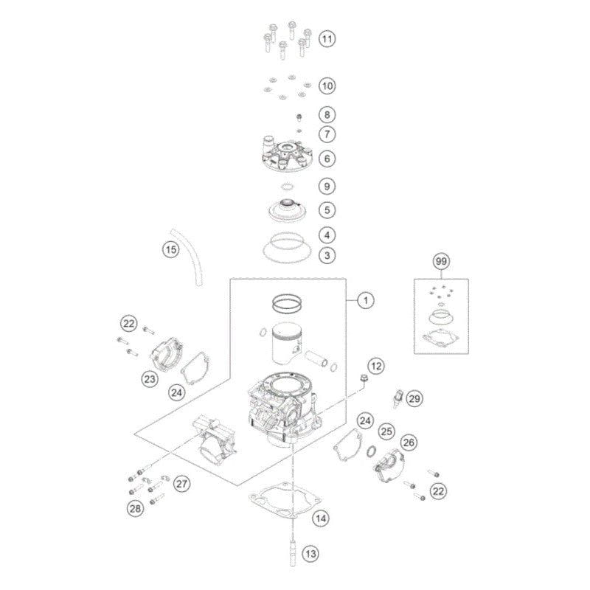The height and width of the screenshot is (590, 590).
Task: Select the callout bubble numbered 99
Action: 442,262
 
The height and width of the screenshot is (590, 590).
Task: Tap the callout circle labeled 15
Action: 171,250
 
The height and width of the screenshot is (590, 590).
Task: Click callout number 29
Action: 414,399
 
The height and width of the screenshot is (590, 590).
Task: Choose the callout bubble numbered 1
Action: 364,299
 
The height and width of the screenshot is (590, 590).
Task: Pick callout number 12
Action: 376,365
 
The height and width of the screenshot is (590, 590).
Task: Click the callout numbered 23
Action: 150,379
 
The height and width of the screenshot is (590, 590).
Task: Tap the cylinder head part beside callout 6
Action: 292,157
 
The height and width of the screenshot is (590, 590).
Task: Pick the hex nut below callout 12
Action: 364,379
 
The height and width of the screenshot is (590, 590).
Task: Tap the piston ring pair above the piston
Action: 288,302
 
